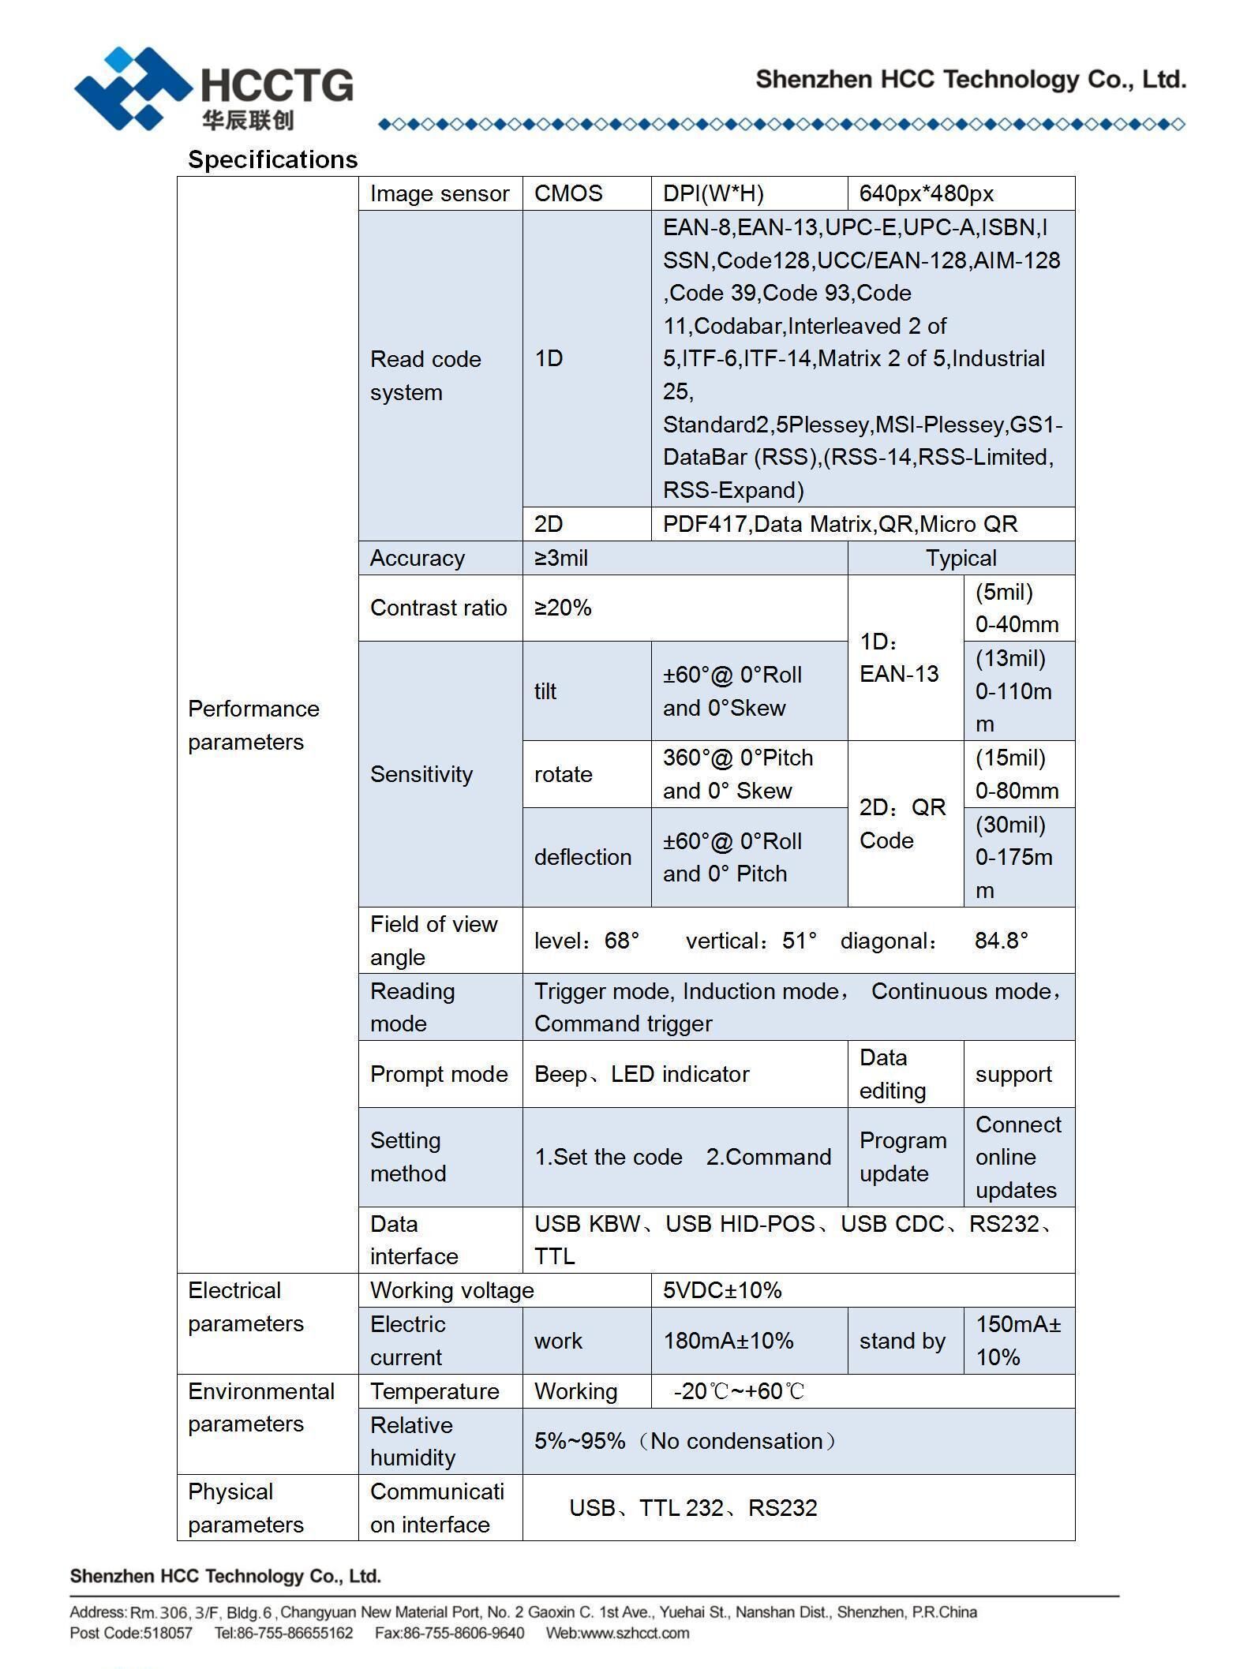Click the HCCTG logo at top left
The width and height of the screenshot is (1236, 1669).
pos(213,88)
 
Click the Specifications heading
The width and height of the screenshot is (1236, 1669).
pos(272,159)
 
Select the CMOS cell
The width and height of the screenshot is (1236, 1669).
pos(568,193)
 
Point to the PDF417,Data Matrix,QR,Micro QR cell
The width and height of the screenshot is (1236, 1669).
pos(840,524)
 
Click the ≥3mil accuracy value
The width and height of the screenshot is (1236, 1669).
pos(561,558)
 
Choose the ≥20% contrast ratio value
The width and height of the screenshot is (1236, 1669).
pos(563,608)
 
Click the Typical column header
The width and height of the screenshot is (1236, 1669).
pos(961,558)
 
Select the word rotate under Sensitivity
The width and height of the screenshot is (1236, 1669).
pos(563,774)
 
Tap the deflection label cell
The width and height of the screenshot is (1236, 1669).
pos(582,857)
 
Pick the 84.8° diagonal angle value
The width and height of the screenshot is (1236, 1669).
pos(1001,941)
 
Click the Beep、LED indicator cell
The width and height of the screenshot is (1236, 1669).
pos(641,1074)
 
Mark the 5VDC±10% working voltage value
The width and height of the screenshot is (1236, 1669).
pos(722,1290)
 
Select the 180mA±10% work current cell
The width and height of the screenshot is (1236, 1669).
pos(728,1341)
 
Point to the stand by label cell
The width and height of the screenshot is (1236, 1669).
pos(902,1341)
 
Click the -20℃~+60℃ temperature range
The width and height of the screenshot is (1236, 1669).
pos(739,1391)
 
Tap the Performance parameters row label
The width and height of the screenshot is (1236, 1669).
pos(253,725)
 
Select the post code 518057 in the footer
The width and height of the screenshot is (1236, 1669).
pos(167,1633)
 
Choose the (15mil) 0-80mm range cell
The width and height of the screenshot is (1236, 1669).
pos(1017,774)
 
